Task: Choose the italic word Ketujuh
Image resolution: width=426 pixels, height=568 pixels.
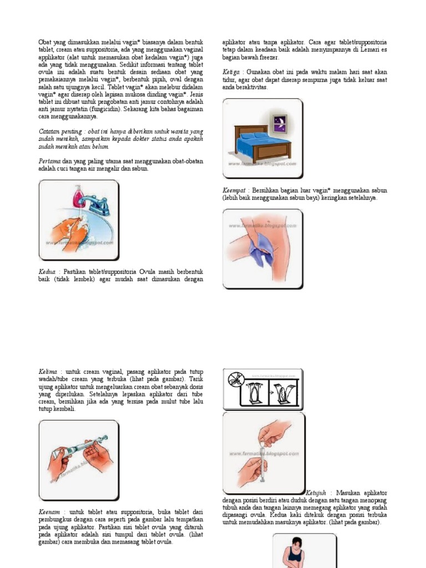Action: [x=318, y=493]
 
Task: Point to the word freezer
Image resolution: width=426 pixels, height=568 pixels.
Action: [x=268, y=57]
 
